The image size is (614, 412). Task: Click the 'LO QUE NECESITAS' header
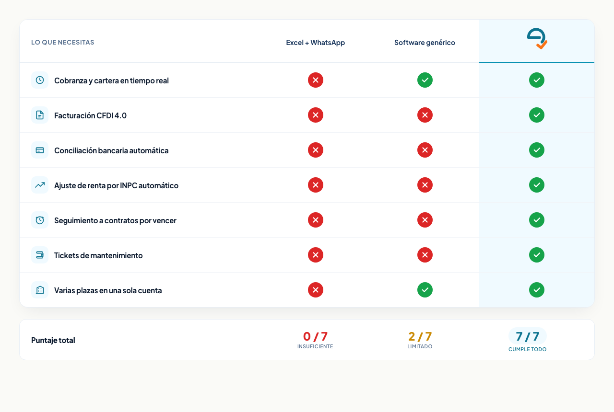[62, 42]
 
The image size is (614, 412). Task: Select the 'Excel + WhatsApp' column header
[315, 43]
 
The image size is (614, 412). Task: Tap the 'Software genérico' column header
[425, 43]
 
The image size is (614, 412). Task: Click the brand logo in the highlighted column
[537, 39]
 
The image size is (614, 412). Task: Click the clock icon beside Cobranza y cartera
[40, 80]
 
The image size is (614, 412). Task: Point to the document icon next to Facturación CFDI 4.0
[40, 115]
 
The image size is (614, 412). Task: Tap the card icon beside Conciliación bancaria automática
[40, 150]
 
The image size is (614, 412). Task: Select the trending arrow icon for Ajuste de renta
[40, 185]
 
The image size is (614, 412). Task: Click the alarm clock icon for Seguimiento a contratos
[40, 220]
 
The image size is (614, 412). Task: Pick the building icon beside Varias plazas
[40, 290]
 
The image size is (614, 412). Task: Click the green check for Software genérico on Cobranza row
[425, 80]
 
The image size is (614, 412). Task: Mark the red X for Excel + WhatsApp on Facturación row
[316, 115]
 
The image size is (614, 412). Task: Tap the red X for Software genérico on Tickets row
[425, 255]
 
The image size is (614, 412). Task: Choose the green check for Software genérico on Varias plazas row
[425, 290]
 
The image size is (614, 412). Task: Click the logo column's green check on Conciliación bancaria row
[537, 150]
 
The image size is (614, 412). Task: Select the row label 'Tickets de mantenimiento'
[98, 255]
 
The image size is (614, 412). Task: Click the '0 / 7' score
[315, 336]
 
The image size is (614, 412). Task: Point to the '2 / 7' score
[420, 336]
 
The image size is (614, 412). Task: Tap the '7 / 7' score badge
[527, 336]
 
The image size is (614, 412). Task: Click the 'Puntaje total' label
[53, 340]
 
